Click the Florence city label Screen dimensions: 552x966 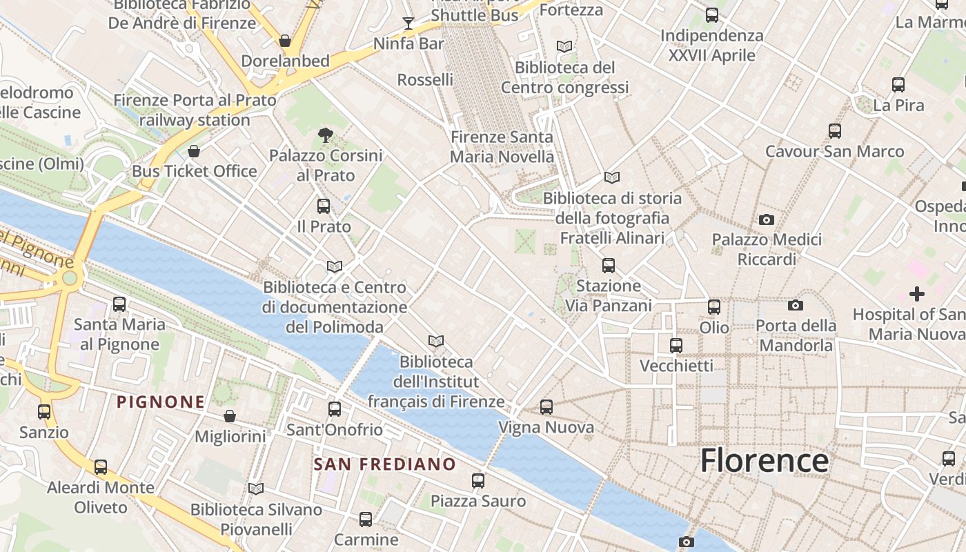[x=765, y=460]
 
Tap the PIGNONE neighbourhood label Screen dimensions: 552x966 [x=160, y=402]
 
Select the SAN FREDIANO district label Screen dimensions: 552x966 [x=384, y=464]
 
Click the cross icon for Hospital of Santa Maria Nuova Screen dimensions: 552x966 [x=916, y=294]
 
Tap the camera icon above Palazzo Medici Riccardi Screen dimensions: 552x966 [x=766, y=219]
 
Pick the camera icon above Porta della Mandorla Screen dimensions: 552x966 [x=795, y=305]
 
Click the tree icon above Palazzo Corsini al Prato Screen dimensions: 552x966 [x=325, y=135]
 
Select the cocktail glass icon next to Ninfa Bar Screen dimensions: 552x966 [x=408, y=23]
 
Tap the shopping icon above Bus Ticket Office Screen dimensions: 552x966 [x=194, y=151]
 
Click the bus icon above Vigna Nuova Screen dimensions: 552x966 [x=546, y=407]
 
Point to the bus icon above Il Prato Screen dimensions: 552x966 [x=323, y=206]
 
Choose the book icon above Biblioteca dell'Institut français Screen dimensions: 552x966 [x=435, y=341]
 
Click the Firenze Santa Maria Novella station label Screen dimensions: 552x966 [x=502, y=147]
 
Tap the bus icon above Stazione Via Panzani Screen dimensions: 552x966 [x=608, y=265]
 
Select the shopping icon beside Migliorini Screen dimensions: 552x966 [x=230, y=416]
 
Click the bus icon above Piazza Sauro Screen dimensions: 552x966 [x=477, y=480]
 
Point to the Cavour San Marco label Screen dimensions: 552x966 [x=834, y=151]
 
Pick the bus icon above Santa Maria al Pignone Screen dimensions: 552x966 [x=119, y=304]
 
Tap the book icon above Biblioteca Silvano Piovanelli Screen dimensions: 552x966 [x=256, y=489]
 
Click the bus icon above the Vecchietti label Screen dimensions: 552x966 [x=676, y=345]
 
